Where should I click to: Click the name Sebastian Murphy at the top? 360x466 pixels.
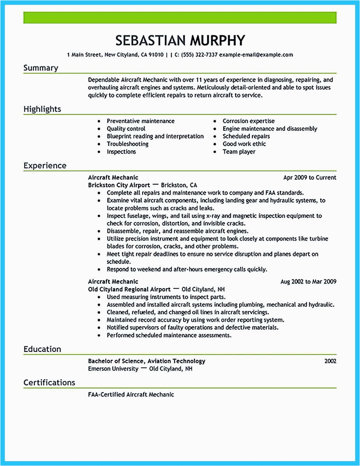coord(180,40)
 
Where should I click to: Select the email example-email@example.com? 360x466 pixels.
coord(256,55)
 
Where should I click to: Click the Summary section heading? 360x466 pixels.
coord(41,68)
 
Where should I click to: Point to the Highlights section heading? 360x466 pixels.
coord(42,109)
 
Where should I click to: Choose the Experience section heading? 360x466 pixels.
coord(45,165)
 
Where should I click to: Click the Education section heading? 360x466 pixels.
coord(42,349)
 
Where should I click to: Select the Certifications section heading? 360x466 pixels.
coord(49,383)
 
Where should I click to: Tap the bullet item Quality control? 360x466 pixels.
coord(126,129)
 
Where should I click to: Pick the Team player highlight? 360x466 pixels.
coord(239,151)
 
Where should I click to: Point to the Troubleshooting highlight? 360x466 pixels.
coord(127,144)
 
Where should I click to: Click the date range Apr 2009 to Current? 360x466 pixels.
coord(310,177)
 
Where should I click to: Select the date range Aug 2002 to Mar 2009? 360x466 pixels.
coord(308,282)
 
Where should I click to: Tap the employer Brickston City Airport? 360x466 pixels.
coord(119,185)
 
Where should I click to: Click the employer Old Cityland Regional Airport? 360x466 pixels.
coord(129,289)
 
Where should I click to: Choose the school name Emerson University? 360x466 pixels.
coord(113,369)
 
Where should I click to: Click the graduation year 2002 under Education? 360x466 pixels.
coord(330,361)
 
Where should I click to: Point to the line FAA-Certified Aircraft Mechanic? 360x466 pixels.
coord(131,395)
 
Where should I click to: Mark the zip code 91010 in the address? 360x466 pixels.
coord(156,55)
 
